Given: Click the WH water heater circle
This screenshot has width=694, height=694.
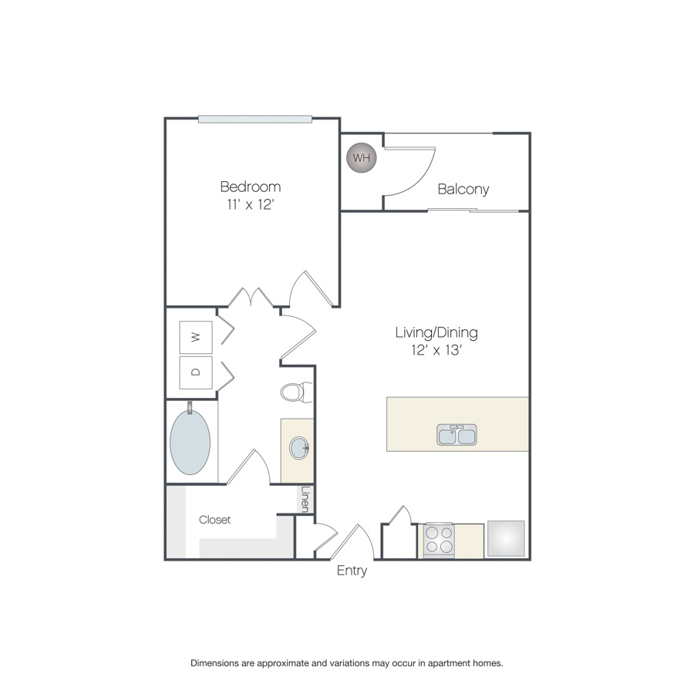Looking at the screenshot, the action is click(x=362, y=157).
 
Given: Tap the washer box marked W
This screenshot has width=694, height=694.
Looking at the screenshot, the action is click(x=196, y=337).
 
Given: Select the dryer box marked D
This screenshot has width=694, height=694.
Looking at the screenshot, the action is click(x=196, y=372).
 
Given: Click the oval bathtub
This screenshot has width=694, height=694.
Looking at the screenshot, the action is click(x=190, y=442).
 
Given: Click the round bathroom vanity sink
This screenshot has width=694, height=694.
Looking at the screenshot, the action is click(x=299, y=448).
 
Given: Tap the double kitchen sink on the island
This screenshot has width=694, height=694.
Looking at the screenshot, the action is click(x=456, y=435).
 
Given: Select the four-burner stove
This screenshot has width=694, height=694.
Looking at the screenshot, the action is click(x=439, y=539).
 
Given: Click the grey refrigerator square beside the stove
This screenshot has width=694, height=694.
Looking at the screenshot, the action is click(x=506, y=538).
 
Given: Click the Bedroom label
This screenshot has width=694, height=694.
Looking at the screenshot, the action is click(x=251, y=187).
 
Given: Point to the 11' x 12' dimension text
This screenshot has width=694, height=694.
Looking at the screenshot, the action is click(x=251, y=204).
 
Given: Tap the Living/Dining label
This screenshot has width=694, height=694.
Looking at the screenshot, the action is click(x=436, y=332).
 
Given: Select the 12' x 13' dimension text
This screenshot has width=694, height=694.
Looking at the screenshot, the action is click(x=437, y=350).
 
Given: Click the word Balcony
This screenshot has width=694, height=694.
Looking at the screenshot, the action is click(x=463, y=190).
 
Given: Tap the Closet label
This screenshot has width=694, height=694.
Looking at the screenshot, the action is click(x=214, y=520).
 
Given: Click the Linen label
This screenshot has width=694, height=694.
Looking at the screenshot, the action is click(x=305, y=499).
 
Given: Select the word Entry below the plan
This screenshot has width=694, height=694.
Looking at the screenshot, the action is click(x=352, y=571).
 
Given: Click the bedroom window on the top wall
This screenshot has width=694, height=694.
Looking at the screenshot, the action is click(x=255, y=119).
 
